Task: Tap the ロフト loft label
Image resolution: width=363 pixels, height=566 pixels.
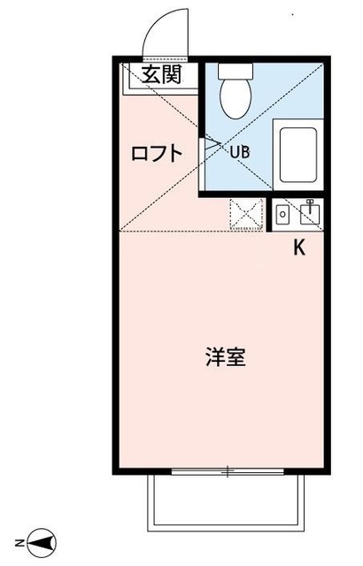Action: pos(157,153)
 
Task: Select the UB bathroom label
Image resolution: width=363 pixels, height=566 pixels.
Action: pos(240,151)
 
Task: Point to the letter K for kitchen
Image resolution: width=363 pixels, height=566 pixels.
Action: pos(299,249)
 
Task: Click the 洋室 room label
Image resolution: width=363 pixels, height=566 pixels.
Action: pos(225,358)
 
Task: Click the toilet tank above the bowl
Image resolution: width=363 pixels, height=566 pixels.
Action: pos(236,72)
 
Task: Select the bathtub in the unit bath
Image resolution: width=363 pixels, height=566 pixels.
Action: pos(297,156)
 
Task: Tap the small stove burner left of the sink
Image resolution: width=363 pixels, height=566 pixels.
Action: pos(282,214)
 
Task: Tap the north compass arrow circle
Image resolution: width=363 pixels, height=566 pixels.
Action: pos(48,540)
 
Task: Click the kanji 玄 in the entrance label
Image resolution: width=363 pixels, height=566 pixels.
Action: pos(152,75)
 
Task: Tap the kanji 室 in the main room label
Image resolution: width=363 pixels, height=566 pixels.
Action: pos(236,358)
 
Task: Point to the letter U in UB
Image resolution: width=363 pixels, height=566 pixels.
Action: pos(235,151)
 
